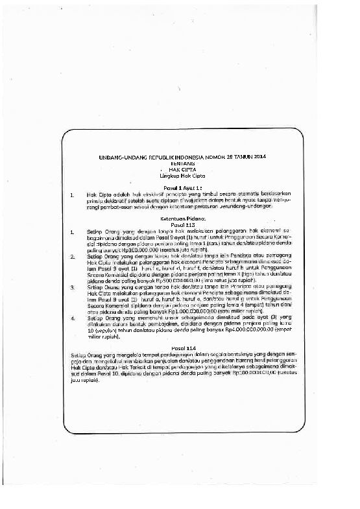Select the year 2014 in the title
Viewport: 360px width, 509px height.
pos(259,158)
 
